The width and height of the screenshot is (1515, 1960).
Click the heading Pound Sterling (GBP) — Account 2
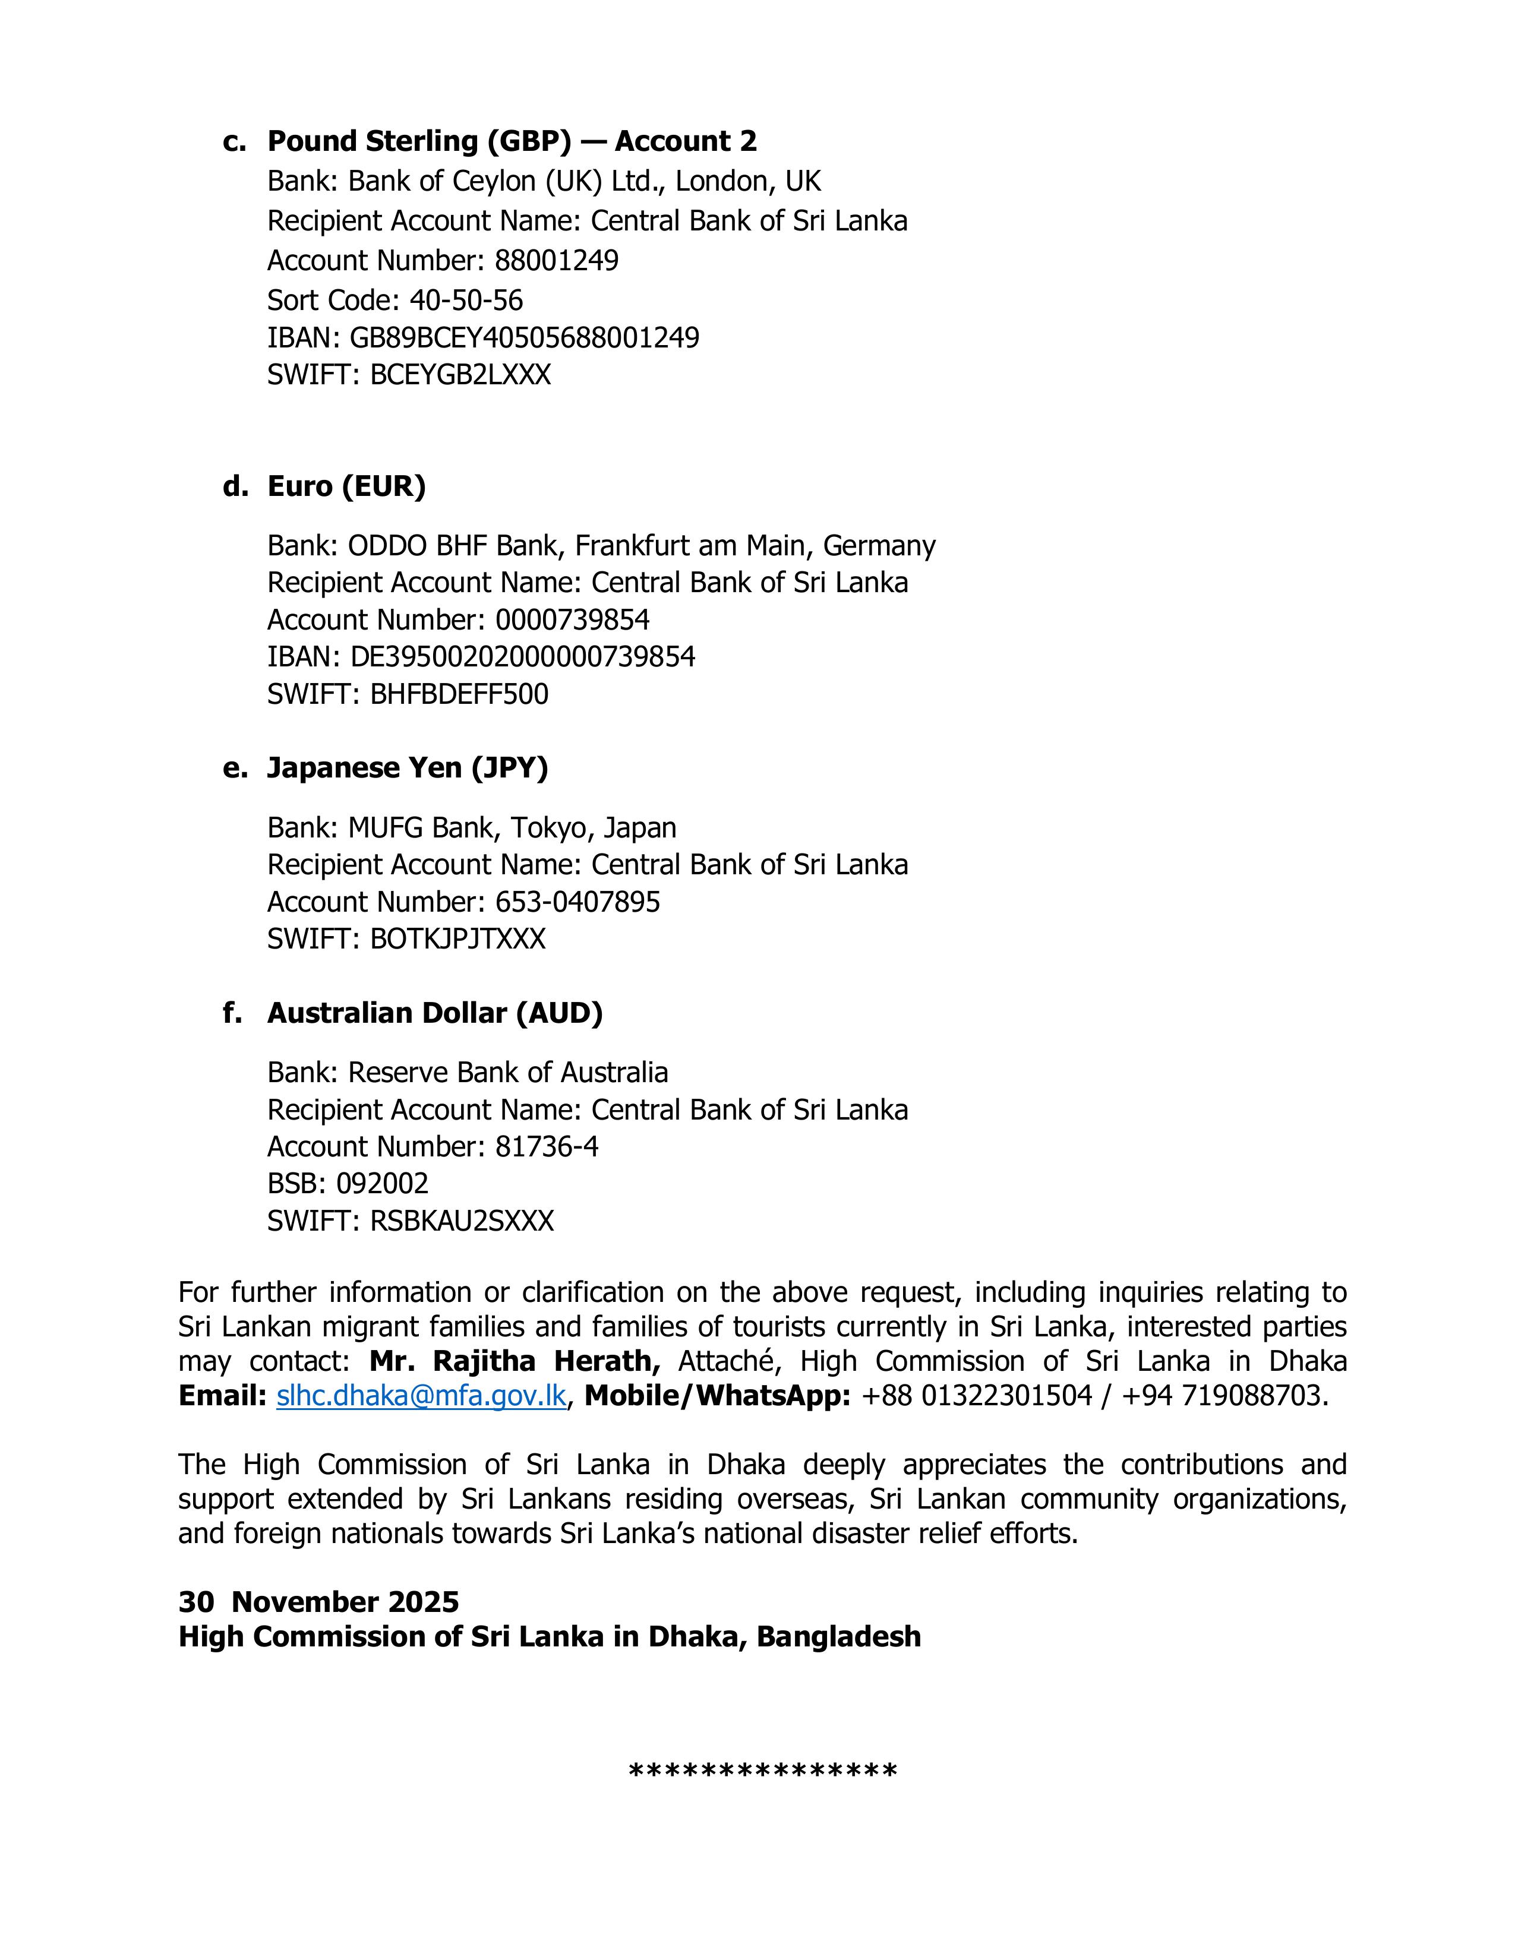tap(512, 141)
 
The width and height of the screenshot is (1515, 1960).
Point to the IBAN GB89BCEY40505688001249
tap(524, 337)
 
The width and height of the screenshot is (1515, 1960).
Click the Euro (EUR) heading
tap(346, 486)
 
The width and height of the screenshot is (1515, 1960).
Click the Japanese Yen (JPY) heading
tap(408, 768)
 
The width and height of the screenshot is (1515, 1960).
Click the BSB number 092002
tap(383, 1184)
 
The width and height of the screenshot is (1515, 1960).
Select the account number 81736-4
tap(547, 1147)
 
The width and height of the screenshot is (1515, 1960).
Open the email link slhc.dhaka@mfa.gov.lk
tap(421, 1396)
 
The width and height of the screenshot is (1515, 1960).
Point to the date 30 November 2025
tap(318, 1601)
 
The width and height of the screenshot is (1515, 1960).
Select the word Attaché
tap(725, 1361)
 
